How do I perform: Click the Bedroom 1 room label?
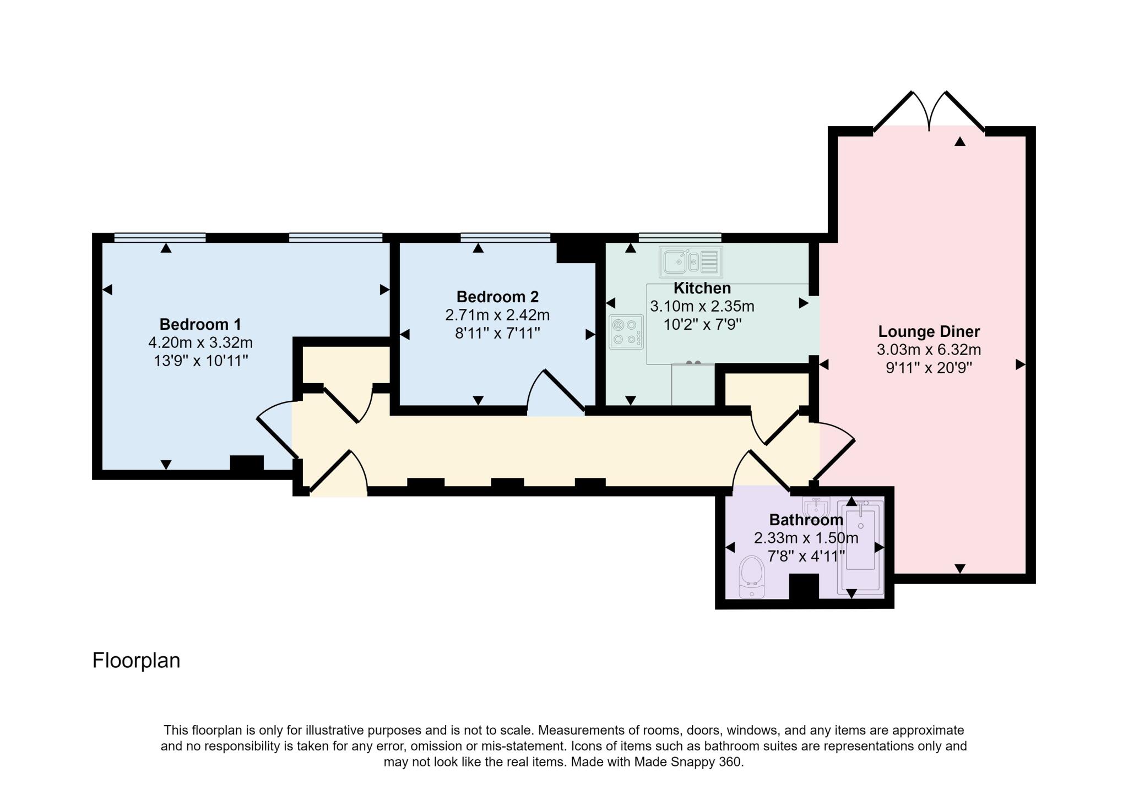tap(200, 324)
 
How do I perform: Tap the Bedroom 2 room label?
tap(497, 297)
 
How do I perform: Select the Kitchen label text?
tap(702, 288)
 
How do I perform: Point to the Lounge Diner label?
tap(929, 332)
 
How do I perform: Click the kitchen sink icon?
tap(691, 262)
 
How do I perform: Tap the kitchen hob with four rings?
tap(626, 331)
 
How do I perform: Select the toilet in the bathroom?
tap(751, 576)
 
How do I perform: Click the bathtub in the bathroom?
tap(860, 547)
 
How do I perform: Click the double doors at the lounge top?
tap(929, 113)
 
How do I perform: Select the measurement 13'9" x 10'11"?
tap(200, 361)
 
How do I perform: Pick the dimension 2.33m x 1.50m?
tap(806, 538)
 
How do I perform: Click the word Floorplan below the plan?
tap(136, 660)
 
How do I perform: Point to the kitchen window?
tap(680, 238)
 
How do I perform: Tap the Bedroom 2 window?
tap(505, 238)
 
